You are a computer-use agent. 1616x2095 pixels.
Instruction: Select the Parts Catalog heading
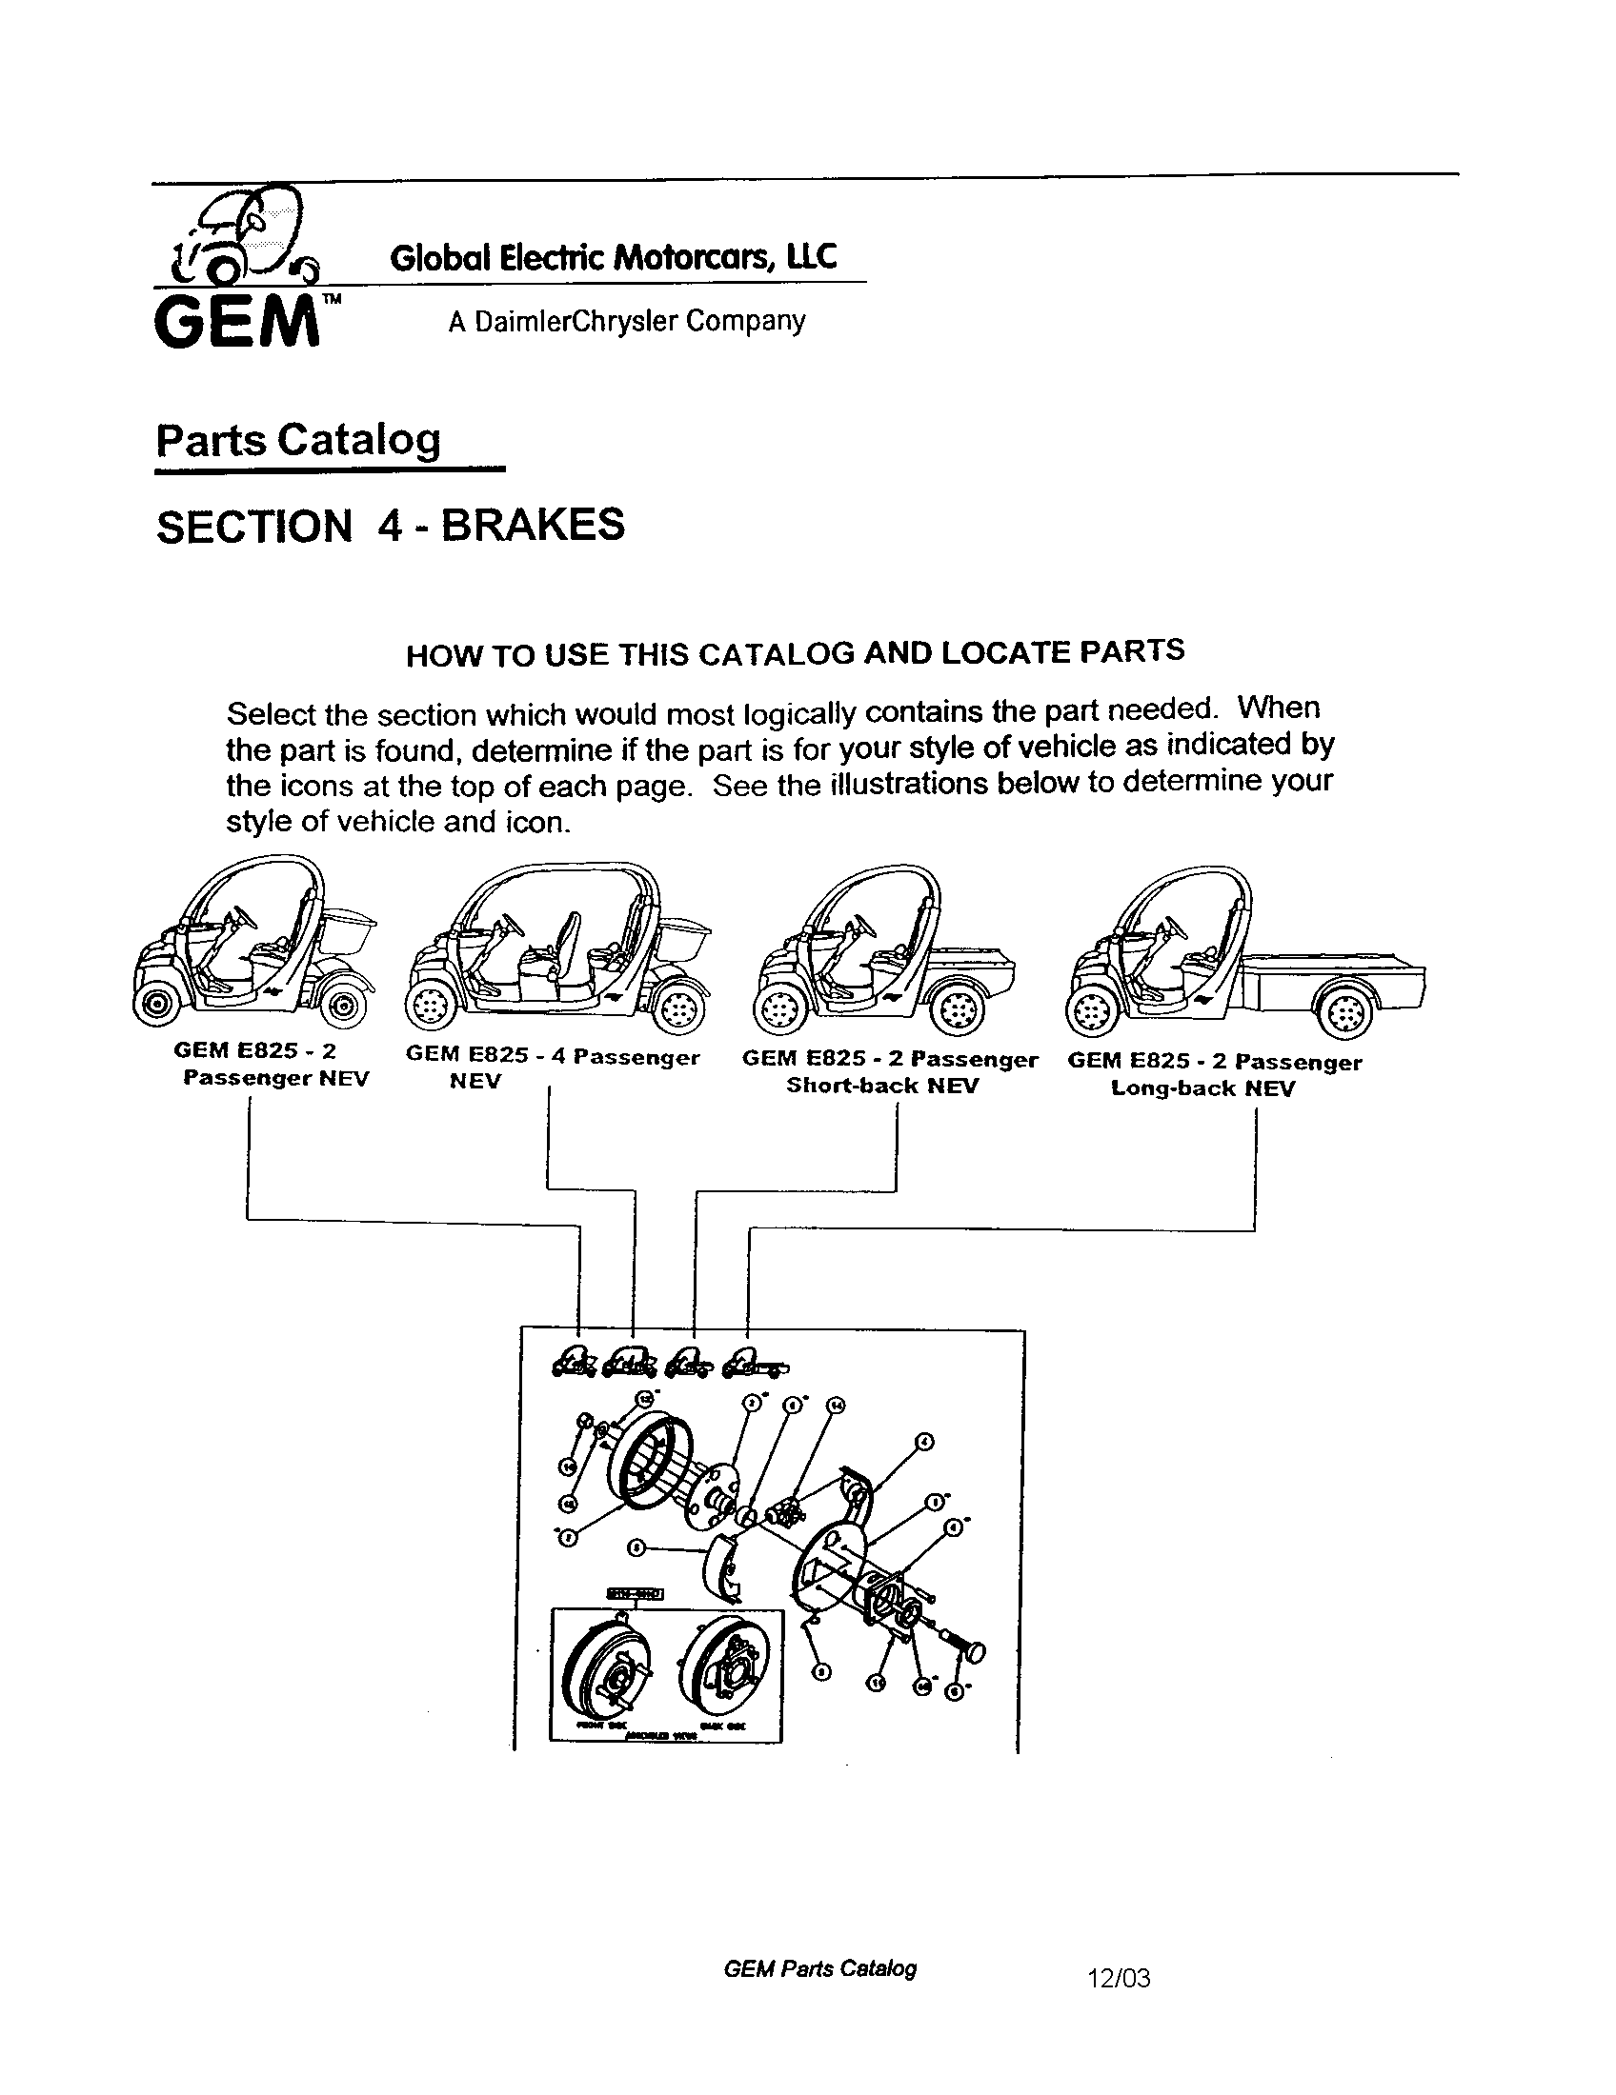pyautogui.click(x=298, y=440)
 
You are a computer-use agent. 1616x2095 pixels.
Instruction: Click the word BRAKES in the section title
pyautogui.click(x=533, y=525)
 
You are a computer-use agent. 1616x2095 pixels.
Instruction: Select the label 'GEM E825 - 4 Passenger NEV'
pyautogui.click(x=552, y=1067)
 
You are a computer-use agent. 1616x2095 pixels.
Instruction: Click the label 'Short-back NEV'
pyautogui.click(x=881, y=1086)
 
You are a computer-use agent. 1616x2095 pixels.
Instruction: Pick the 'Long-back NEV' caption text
pyautogui.click(x=1202, y=1088)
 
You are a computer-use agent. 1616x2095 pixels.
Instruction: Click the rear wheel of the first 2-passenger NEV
pyautogui.click(x=341, y=1008)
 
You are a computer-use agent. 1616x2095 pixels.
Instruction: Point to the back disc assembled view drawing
pyautogui.click(x=725, y=1669)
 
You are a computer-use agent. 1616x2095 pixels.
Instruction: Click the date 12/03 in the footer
pyautogui.click(x=1118, y=1978)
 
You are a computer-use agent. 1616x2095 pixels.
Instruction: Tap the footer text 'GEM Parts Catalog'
pyautogui.click(x=819, y=1969)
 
